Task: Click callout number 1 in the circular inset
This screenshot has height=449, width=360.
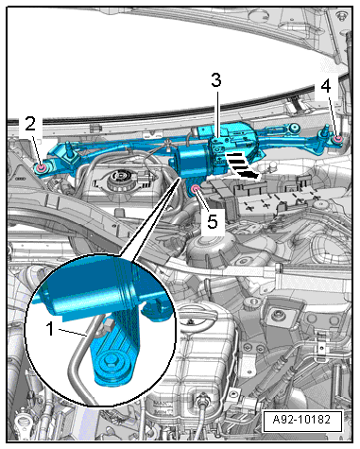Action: (x=49, y=329)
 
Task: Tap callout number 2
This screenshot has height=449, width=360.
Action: (x=30, y=125)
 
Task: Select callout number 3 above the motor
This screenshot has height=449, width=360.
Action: (x=216, y=80)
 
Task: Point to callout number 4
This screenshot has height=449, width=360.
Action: (x=326, y=86)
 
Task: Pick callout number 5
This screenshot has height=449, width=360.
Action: (x=213, y=221)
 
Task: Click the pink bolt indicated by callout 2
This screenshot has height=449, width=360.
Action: (x=41, y=168)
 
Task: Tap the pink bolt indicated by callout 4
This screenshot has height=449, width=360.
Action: (x=338, y=139)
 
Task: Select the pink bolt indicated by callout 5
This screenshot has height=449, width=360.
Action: (x=196, y=189)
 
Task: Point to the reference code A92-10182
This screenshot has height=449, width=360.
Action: (x=302, y=420)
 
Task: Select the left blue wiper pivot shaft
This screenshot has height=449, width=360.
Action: (x=68, y=149)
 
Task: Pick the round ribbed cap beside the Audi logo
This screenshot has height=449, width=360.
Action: (x=119, y=180)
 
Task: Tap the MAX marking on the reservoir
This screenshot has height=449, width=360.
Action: (x=161, y=403)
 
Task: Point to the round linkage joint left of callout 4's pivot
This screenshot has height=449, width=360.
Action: (x=294, y=128)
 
